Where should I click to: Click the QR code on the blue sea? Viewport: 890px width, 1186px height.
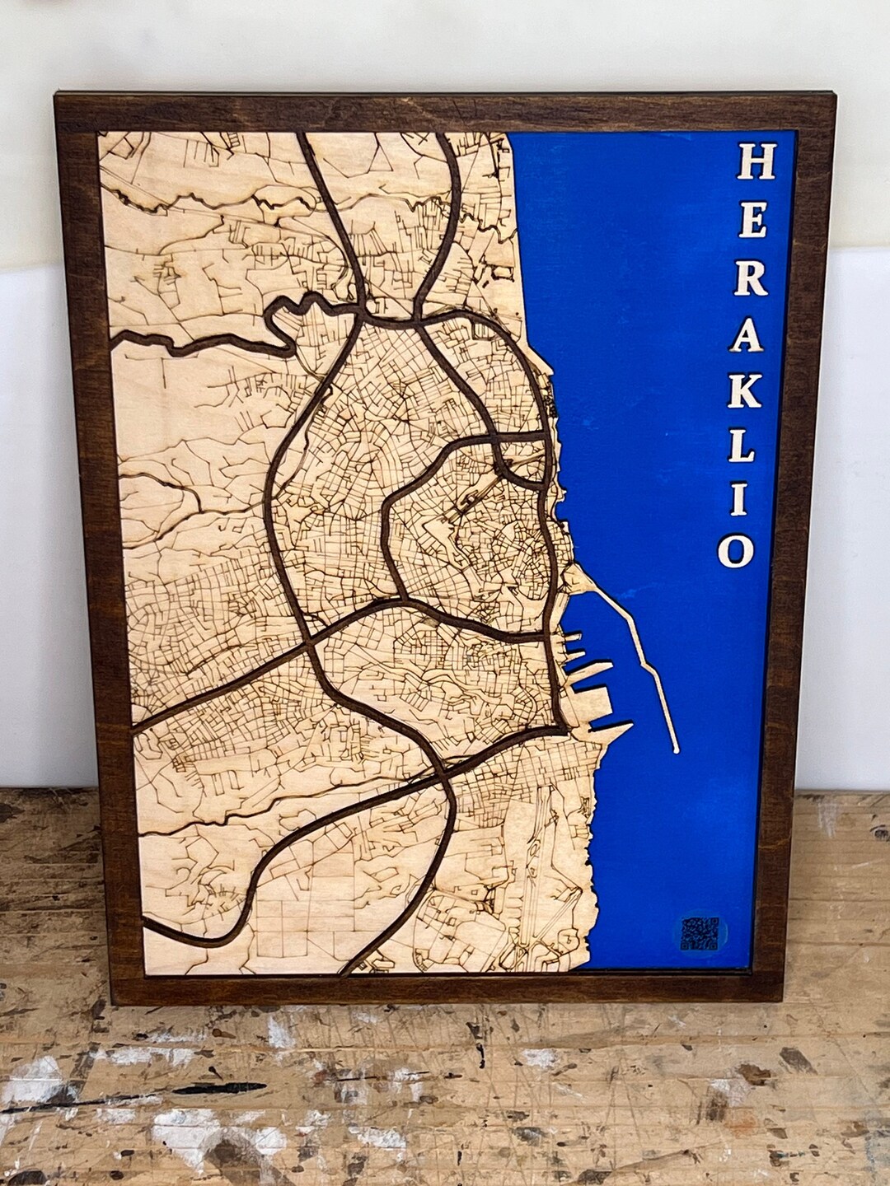(x=700, y=933)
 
